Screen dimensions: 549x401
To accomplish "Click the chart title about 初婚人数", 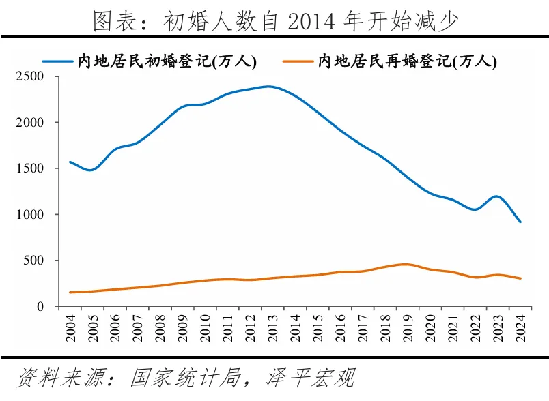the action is tap(276, 20).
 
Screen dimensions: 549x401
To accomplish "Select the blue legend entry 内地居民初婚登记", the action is tap(150, 61).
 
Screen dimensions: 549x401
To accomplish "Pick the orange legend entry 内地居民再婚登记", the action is tap(390, 61).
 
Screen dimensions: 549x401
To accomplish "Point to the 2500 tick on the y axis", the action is tap(30, 76).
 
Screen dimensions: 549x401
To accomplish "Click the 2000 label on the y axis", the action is tap(30, 122).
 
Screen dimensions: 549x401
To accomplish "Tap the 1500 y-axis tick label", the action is tap(30, 168).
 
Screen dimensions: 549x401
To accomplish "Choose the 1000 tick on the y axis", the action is tap(30, 214).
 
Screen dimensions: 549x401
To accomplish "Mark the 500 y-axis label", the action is tap(33, 261).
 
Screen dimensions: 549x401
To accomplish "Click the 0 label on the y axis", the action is tap(40, 307).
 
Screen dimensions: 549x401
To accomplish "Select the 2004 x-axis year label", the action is tap(70, 328).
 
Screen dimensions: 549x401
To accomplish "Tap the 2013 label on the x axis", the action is tap(272, 328).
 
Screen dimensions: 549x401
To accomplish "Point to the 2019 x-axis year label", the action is tap(408, 328).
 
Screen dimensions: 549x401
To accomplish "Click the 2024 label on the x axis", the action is tap(520, 328).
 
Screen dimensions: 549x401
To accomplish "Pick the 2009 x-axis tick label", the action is tap(183, 328).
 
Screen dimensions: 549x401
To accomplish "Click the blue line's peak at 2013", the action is tap(269, 87).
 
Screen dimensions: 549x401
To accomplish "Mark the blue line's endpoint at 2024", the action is tap(520, 222).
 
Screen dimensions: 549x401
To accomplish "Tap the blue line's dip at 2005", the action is tap(91, 170).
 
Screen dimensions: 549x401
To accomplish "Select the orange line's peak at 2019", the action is tap(406, 265).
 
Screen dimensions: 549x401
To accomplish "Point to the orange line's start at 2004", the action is tap(70, 293).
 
